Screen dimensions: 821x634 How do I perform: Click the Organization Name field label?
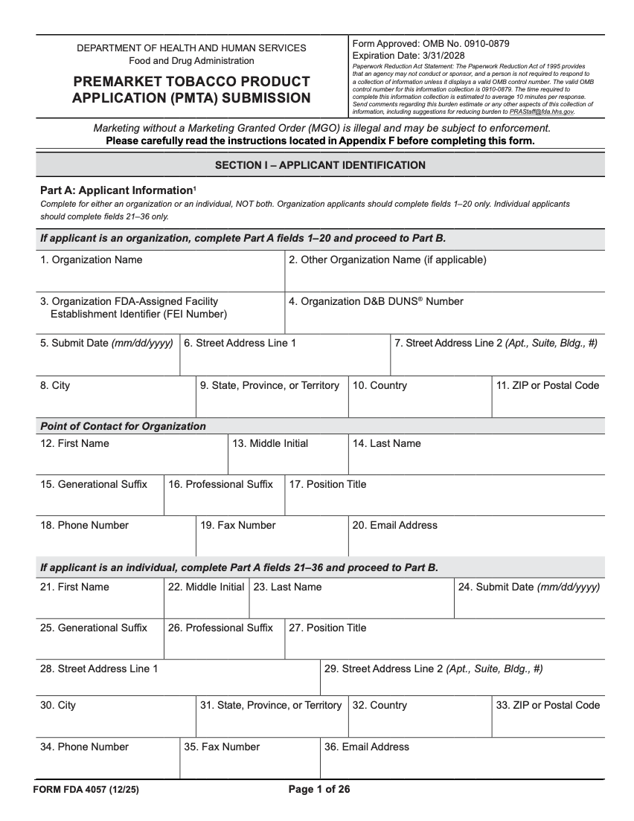[91, 260]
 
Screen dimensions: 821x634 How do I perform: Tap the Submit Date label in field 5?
[106, 344]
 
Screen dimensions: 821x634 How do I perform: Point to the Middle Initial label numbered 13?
[270, 443]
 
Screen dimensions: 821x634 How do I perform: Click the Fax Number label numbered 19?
[237, 525]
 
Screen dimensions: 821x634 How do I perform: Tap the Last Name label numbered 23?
[287, 587]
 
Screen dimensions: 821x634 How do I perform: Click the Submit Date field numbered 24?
[529, 605]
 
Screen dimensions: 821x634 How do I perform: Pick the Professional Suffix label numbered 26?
[220, 628]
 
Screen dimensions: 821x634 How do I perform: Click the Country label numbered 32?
[379, 705]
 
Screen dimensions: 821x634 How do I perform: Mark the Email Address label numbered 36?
[366, 747]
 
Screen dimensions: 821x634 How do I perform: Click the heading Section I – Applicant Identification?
[320, 165]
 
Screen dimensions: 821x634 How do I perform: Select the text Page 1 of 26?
[318, 790]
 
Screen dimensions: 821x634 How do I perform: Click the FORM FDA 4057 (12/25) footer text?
[86, 790]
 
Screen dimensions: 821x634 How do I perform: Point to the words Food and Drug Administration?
[191, 61]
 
